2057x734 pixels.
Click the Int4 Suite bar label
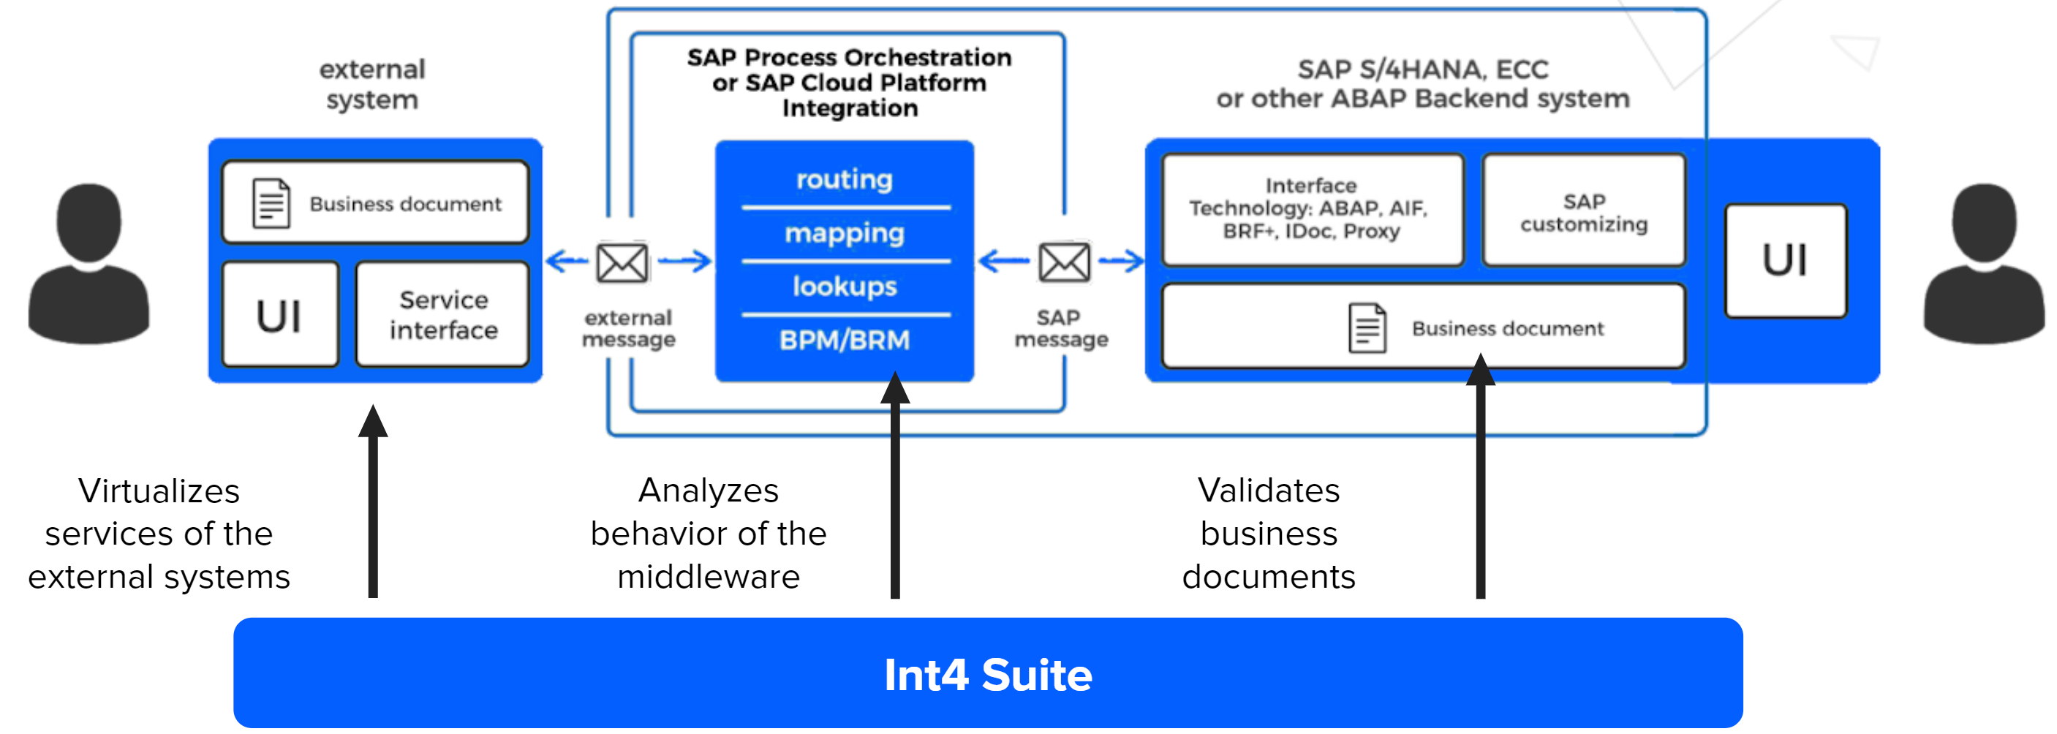click(988, 675)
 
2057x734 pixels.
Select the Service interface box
click(443, 314)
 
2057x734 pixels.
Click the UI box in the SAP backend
click(1785, 260)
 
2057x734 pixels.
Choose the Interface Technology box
click(1312, 209)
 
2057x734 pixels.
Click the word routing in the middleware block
click(844, 179)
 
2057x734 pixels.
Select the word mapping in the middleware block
click(844, 233)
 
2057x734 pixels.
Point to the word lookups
click(844, 286)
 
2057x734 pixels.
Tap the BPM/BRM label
click(844, 340)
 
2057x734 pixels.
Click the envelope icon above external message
click(622, 262)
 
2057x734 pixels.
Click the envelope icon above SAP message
click(1064, 261)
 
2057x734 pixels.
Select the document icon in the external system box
click(271, 204)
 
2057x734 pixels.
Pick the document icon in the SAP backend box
click(1367, 328)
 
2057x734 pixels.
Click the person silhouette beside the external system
click(88, 264)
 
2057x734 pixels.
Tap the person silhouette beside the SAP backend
click(1984, 264)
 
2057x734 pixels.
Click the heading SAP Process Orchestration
click(849, 58)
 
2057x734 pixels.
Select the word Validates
click(1268, 491)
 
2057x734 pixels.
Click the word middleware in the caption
click(709, 577)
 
